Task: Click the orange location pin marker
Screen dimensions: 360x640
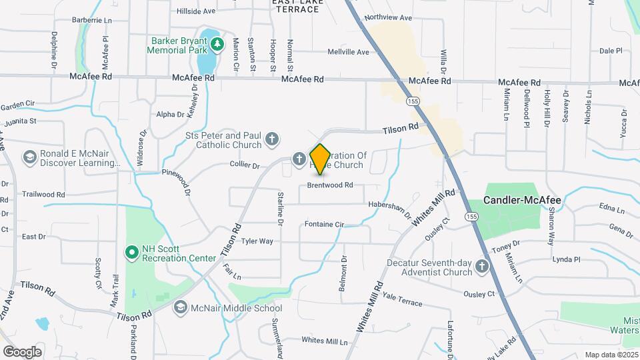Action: tap(320, 159)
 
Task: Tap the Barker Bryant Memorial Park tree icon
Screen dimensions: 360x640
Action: tap(217, 45)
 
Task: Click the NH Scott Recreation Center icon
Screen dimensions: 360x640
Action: tap(131, 251)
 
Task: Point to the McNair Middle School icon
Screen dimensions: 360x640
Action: tap(180, 307)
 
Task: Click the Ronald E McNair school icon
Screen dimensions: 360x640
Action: tap(29, 157)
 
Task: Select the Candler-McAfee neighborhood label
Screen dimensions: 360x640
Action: tap(522, 199)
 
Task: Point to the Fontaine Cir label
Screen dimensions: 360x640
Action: tap(324, 224)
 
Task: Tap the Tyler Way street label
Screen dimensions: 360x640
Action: tap(257, 241)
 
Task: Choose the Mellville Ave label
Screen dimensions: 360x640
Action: tap(349, 52)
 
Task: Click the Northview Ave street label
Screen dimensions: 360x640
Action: tap(389, 18)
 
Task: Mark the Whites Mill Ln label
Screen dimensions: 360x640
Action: tap(325, 341)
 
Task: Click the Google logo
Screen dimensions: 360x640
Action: tap(22, 351)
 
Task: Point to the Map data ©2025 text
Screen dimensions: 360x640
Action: tap(610, 355)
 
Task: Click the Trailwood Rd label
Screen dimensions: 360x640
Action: tap(43, 195)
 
